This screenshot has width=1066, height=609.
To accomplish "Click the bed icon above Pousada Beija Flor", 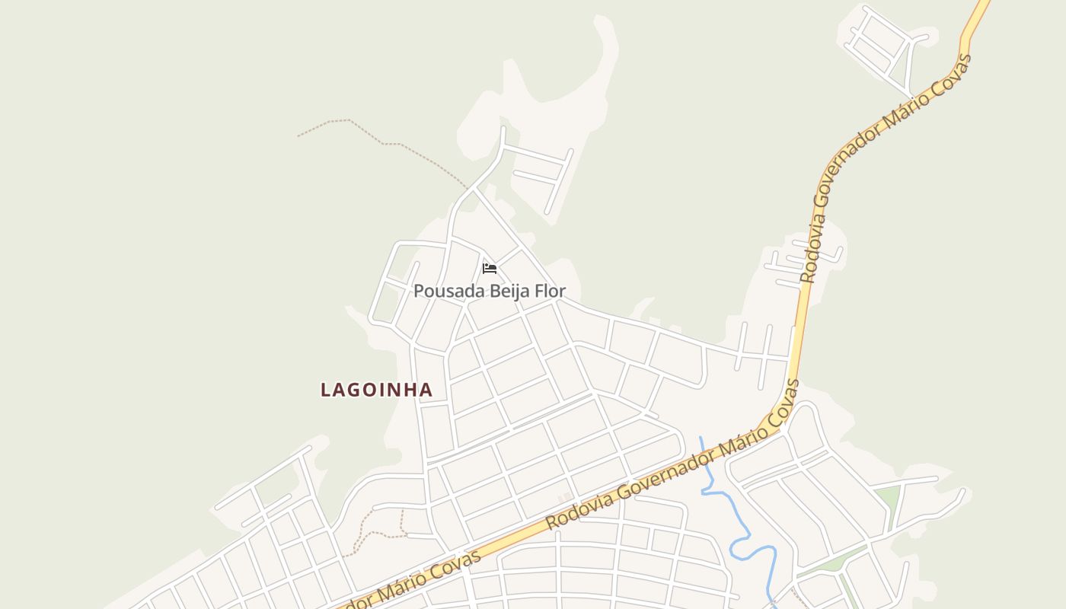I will click(x=490, y=269).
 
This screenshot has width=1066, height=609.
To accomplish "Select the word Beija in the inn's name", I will click(x=499, y=291).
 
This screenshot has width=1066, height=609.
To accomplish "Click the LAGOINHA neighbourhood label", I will click(x=376, y=390).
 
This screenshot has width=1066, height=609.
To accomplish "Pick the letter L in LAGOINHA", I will click(x=325, y=390).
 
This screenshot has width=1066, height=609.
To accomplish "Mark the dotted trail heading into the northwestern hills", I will click(x=381, y=141).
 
